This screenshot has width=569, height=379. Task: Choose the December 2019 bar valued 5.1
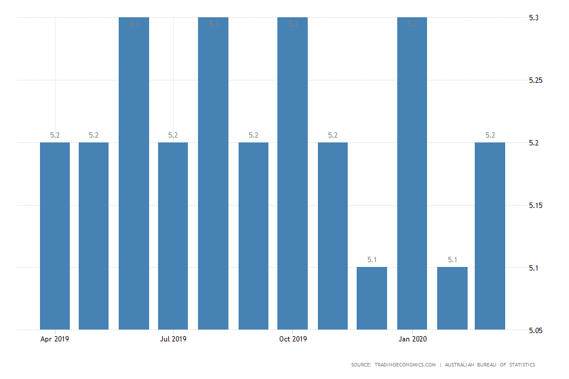[x=372, y=298]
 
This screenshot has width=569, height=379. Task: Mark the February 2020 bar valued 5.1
[x=452, y=298]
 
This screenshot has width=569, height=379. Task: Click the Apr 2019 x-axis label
[x=55, y=340]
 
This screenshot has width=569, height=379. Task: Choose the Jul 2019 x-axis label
[x=173, y=340]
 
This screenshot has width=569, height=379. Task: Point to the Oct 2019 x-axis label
[x=293, y=340]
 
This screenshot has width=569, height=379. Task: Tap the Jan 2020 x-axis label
[x=412, y=340]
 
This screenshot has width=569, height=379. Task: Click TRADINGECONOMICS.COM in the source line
[x=405, y=365]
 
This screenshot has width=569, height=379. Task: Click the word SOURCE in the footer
[x=361, y=365]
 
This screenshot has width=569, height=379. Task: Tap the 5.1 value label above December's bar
[x=372, y=260]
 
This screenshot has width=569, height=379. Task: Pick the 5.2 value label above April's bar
[x=55, y=135]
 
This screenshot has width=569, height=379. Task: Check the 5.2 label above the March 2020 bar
[x=490, y=135]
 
